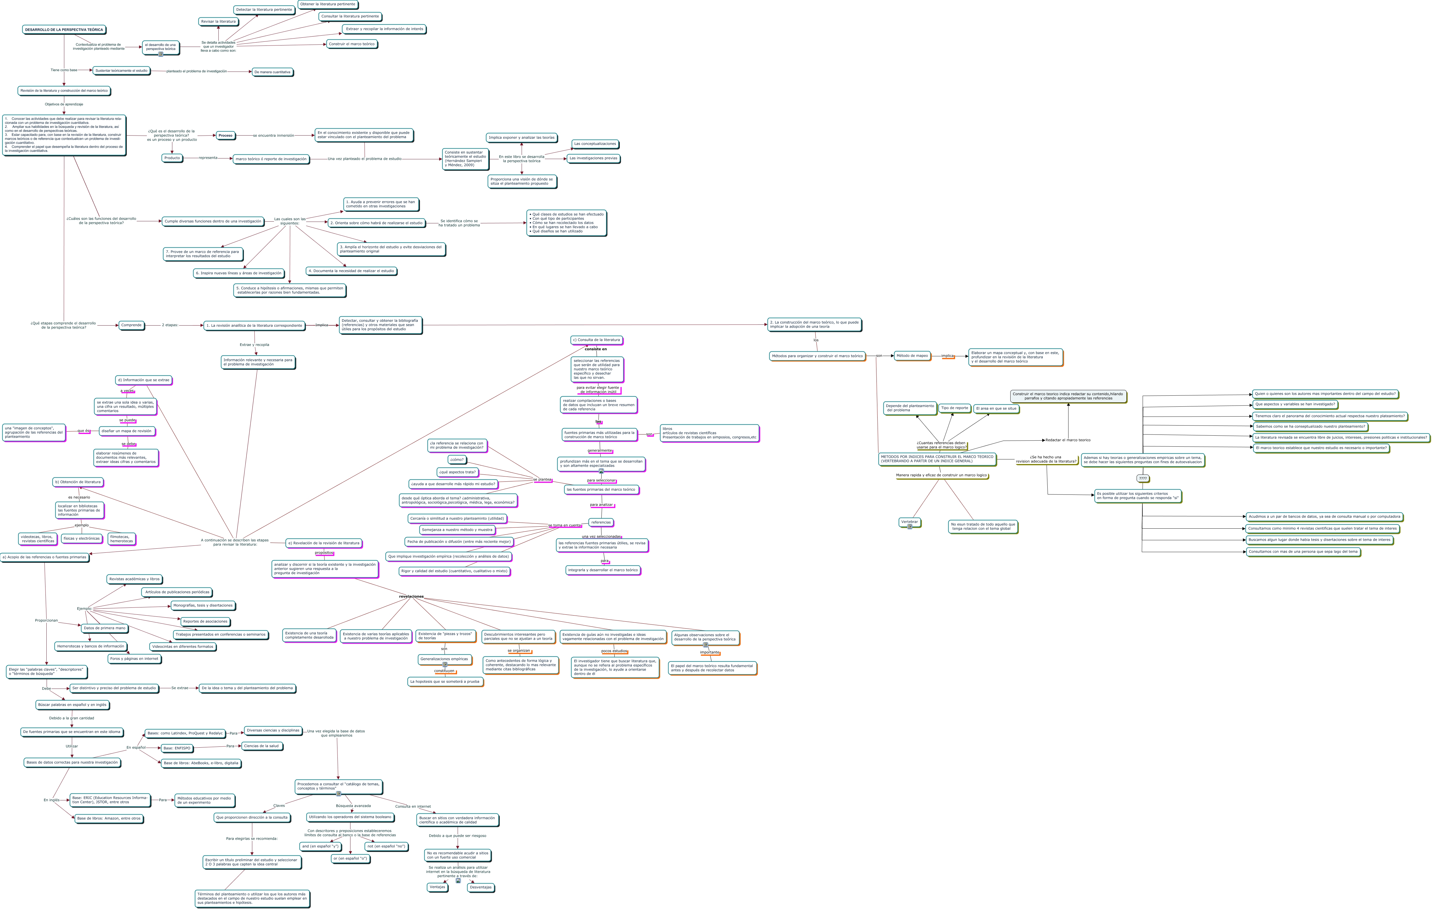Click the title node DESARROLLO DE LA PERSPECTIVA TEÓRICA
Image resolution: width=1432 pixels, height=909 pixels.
(x=64, y=30)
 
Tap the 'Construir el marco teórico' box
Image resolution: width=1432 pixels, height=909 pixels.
(x=351, y=44)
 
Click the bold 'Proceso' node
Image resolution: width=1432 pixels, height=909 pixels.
(x=225, y=136)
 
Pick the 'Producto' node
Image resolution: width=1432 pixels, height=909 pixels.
(x=172, y=158)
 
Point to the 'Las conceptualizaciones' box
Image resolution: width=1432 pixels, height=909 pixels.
(x=595, y=144)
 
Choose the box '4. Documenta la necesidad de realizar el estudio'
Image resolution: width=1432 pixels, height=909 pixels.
(x=351, y=271)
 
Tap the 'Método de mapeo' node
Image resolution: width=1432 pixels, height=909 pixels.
(x=912, y=356)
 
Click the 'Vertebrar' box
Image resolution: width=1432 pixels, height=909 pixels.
(x=909, y=522)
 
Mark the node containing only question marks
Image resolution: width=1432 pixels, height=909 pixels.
(x=1142, y=478)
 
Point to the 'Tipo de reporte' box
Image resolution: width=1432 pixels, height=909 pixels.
(x=954, y=408)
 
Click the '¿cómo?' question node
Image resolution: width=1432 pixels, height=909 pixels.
(x=457, y=460)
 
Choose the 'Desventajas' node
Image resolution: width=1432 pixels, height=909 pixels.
(x=481, y=888)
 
